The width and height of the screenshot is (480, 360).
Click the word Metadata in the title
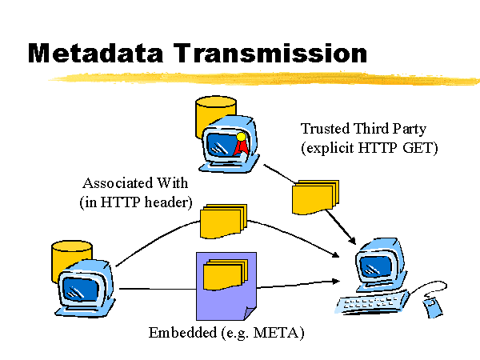click(95, 53)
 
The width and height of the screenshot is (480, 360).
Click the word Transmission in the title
click(270, 53)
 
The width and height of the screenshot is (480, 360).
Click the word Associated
click(118, 183)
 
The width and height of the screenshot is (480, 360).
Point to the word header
click(168, 202)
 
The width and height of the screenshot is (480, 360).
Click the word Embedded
click(182, 333)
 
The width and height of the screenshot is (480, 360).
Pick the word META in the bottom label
click(277, 333)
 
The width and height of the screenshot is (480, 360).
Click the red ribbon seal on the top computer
click(241, 144)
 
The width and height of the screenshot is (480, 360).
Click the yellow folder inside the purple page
click(226, 274)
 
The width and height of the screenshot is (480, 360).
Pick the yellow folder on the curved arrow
click(223, 221)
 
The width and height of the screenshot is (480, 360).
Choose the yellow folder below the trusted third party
click(315, 197)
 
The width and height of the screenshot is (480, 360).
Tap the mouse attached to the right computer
click(433, 308)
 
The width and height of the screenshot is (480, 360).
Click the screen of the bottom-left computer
click(81, 290)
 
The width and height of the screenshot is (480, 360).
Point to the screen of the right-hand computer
click(376, 266)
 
